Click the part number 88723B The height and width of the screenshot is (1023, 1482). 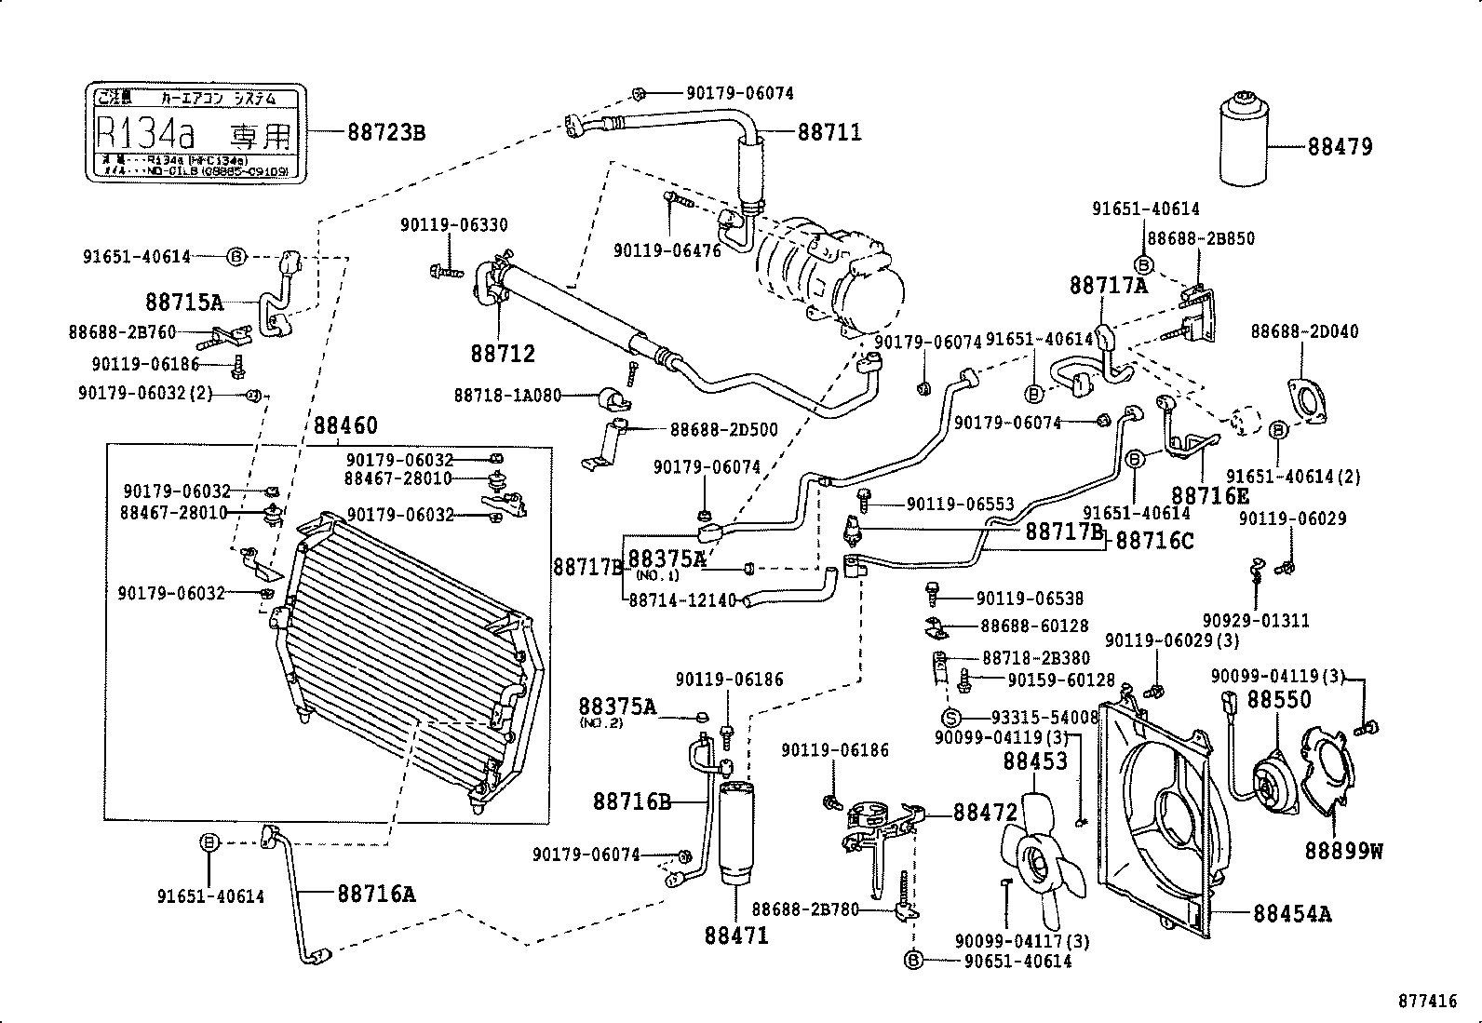click(x=385, y=132)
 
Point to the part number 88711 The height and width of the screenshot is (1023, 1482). click(x=829, y=132)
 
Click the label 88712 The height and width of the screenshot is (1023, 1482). click(x=503, y=354)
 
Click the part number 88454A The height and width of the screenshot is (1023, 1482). click(x=1292, y=913)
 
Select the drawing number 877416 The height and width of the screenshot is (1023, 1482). click(x=1425, y=1002)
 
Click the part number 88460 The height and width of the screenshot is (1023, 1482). click(x=344, y=425)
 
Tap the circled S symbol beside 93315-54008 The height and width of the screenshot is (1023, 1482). click(x=950, y=717)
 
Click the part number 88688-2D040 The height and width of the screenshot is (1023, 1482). click(x=1303, y=331)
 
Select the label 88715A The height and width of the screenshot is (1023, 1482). click(x=184, y=302)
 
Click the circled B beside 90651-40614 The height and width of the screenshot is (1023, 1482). click(x=913, y=961)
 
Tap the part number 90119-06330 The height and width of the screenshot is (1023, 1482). click(x=454, y=225)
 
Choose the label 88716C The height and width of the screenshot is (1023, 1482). click(x=1153, y=540)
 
